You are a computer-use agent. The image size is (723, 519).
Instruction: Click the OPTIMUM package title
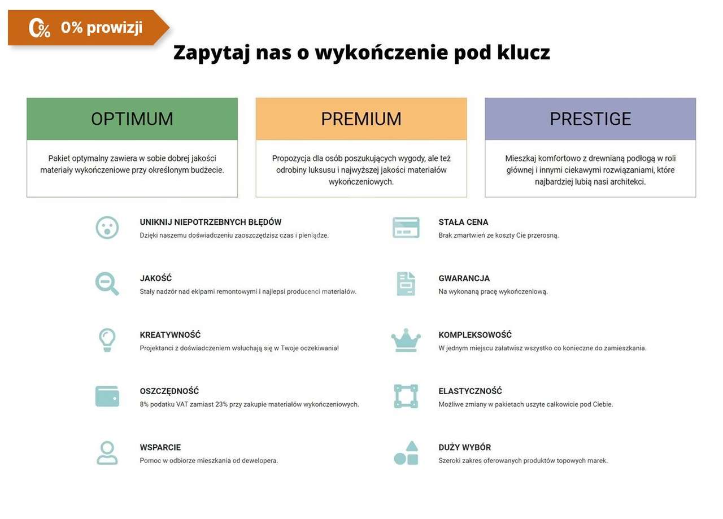pos(132,119)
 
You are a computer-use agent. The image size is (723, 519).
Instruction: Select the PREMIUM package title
pos(361,119)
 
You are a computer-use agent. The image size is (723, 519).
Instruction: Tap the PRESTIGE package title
pos(590,119)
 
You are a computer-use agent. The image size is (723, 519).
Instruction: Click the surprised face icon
pos(107,228)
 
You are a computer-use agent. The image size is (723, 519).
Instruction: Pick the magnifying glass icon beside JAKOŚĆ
pos(107,284)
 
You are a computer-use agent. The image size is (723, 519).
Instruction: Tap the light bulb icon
pos(107,340)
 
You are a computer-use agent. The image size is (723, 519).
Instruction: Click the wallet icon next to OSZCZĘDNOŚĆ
pos(107,396)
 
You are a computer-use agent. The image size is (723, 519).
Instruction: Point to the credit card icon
pos(406,228)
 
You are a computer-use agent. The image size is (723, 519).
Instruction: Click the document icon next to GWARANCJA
pos(406,284)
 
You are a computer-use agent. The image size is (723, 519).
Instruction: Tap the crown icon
pos(406,340)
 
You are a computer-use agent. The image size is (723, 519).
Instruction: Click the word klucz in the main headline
pos(524,53)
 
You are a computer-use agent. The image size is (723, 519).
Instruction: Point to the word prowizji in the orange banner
pos(115,28)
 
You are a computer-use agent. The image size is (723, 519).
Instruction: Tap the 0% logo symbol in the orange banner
pos(40,28)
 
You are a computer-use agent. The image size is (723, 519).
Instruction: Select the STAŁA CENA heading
pos(463,222)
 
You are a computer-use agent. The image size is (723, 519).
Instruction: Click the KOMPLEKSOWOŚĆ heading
pos(475,335)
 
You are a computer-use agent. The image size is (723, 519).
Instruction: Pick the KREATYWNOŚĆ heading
pos(170,335)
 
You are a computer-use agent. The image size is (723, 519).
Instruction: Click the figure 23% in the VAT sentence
pos(221,404)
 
